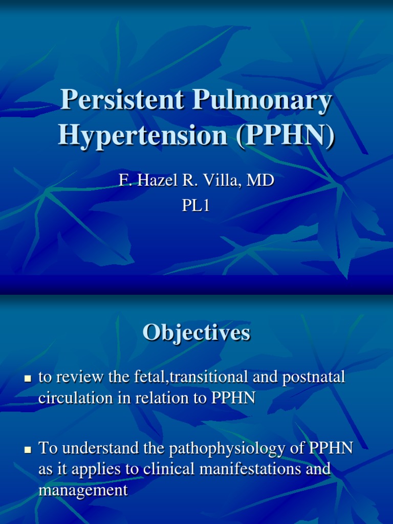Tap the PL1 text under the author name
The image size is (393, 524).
(x=196, y=205)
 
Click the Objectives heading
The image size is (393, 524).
(x=196, y=333)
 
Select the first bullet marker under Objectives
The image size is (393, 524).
(x=29, y=379)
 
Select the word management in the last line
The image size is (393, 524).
(x=83, y=490)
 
